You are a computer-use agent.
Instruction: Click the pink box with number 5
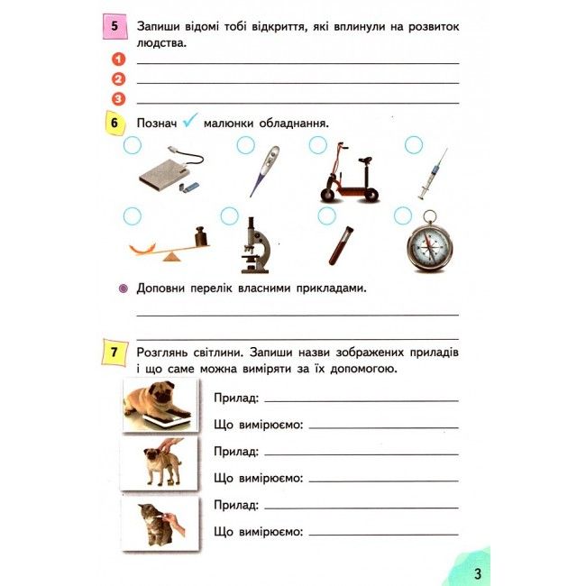coord(115,26)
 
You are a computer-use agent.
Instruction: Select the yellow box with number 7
coord(115,354)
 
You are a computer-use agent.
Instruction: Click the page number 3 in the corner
coord(478,573)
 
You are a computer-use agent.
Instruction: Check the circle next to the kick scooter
coord(316,144)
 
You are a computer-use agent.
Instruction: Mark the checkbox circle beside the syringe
coord(414,144)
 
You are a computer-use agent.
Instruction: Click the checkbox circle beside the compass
coord(402,215)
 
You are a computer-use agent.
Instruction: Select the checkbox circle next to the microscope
coord(229,215)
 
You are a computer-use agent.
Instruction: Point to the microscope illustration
coord(254,244)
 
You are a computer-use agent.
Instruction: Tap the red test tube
coord(340,244)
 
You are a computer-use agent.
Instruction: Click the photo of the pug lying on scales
coord(159,403)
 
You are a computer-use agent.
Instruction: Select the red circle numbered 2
coord(118,79)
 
